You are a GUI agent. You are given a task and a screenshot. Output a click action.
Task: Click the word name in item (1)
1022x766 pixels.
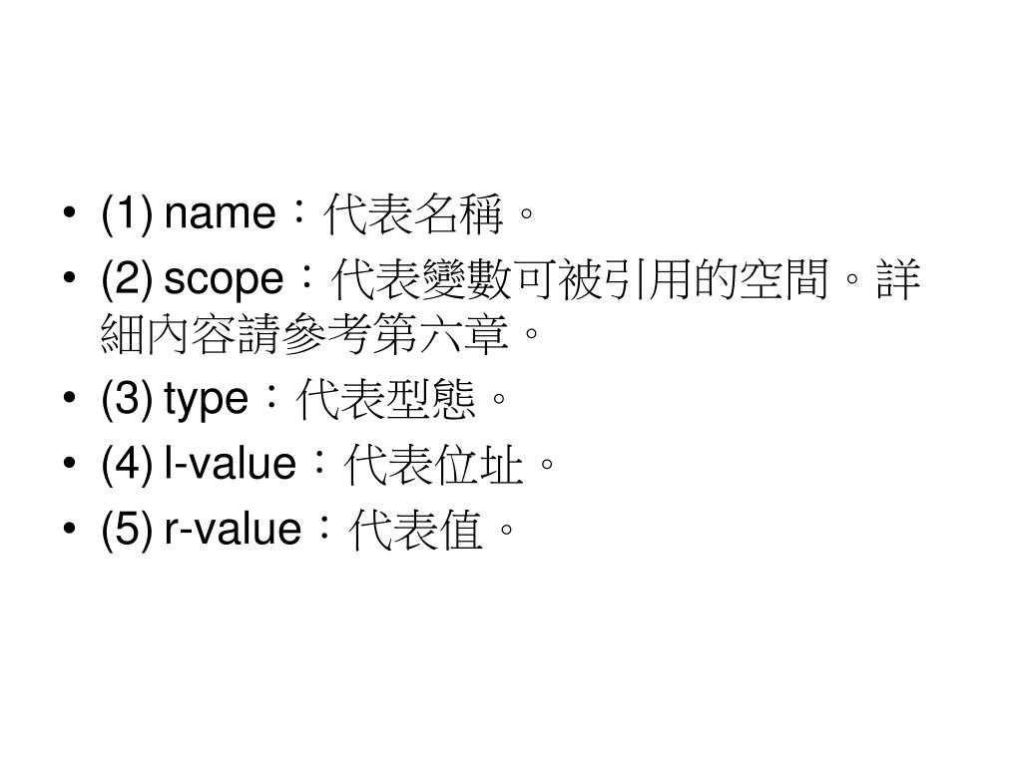[219, 213]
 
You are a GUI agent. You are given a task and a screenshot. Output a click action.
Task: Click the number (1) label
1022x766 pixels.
[126, 213]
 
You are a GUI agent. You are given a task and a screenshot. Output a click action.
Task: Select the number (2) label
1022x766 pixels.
[126, 280]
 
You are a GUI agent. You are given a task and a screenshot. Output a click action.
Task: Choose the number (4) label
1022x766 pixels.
[126, 463]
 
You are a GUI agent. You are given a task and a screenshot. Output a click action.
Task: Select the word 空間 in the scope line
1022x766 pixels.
[783, 282]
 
